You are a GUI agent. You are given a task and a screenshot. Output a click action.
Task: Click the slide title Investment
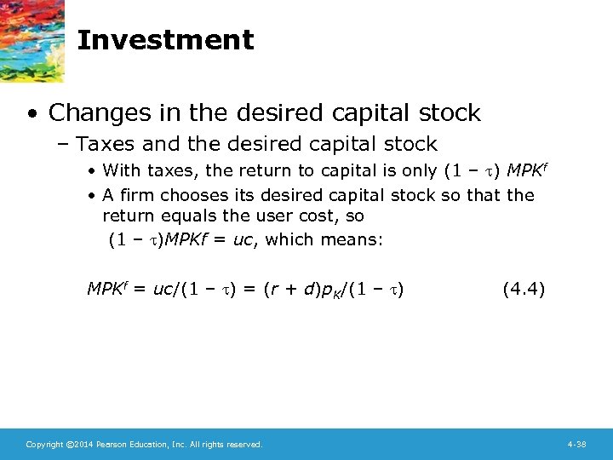point(165,40)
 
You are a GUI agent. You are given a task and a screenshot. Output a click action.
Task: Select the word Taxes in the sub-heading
point(106,144)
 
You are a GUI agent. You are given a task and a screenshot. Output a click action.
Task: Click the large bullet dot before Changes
point(31,113)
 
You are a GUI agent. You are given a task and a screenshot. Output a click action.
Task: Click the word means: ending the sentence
point(352,240)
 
